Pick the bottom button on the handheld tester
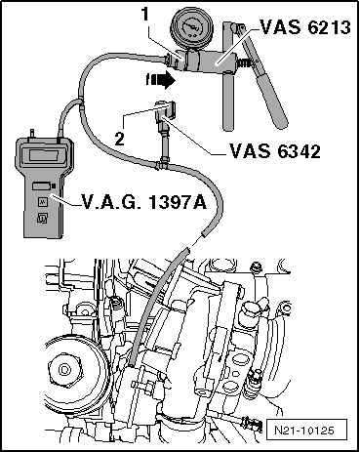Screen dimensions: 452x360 41,219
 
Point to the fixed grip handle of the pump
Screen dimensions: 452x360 228,103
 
